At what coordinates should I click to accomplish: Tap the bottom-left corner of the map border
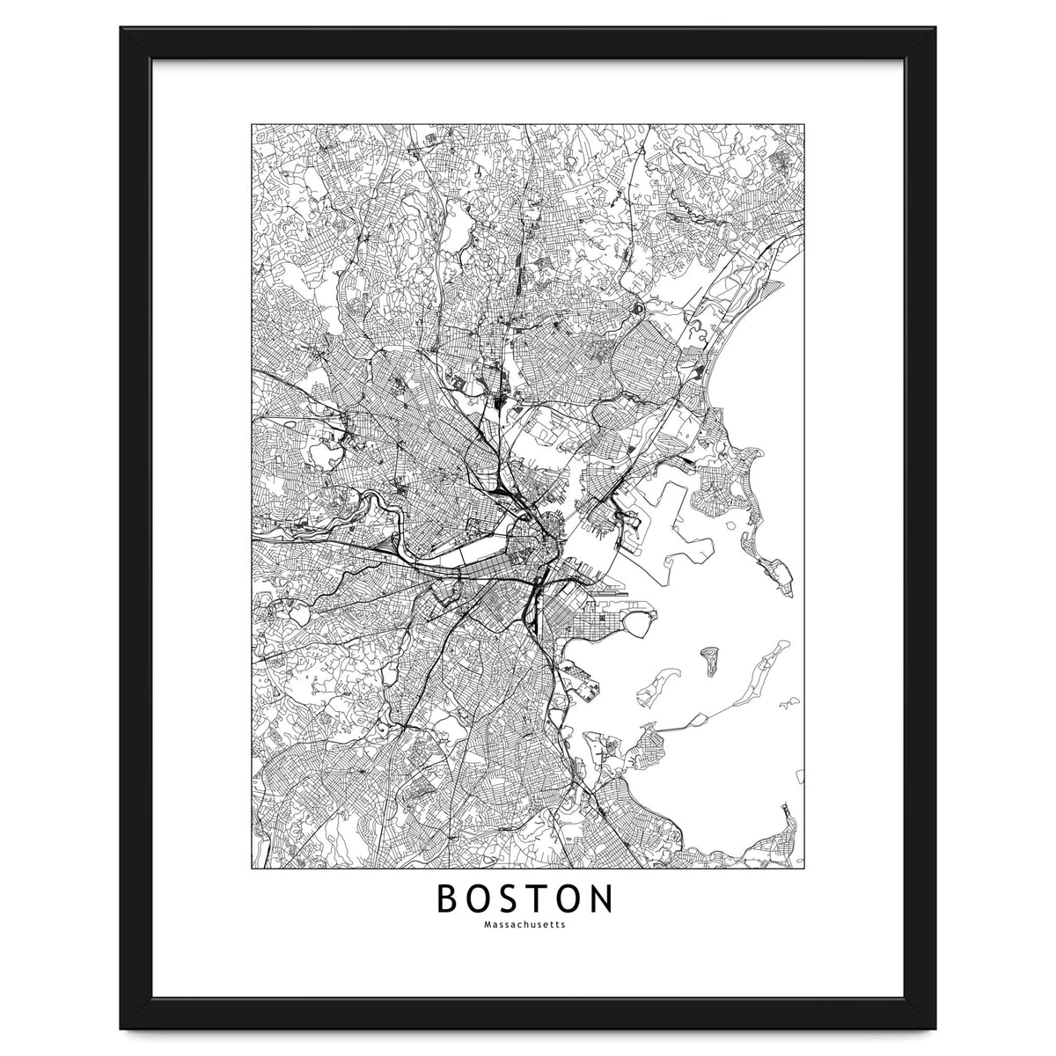click(x=253, y=867)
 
